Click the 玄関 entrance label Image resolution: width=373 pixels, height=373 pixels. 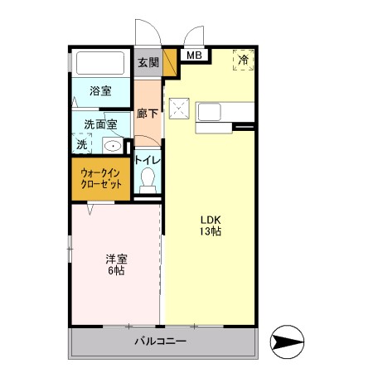(148, 62)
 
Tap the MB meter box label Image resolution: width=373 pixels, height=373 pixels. (194, 56)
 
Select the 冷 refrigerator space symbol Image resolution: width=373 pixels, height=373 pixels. (244, 60)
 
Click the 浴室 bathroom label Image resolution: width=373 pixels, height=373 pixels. (100, 90)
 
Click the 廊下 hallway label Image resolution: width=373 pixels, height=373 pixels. (148, 113)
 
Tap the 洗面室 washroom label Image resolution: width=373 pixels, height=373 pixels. (100, 124)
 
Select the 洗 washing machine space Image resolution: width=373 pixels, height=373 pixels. (81, 144)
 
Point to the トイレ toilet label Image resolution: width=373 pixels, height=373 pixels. (148, 160)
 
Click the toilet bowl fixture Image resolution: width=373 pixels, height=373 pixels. (148, 180)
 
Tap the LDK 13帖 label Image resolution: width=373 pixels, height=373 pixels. (210, 225)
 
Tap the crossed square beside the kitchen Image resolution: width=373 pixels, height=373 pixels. (179, 109)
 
